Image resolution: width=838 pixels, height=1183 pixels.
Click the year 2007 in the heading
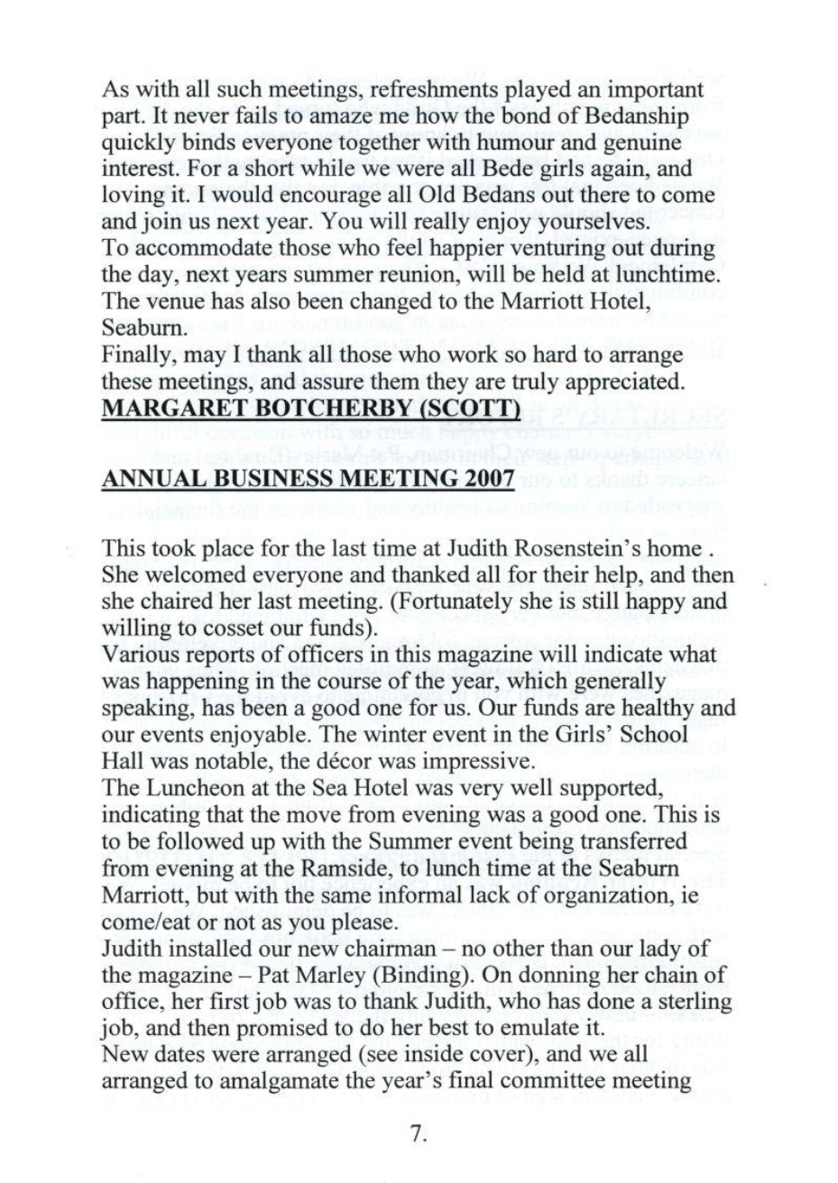pyautogui.click(x=485, y=481)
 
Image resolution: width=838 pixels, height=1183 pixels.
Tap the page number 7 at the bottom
pyautogui.click(x=417, y=1134)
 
